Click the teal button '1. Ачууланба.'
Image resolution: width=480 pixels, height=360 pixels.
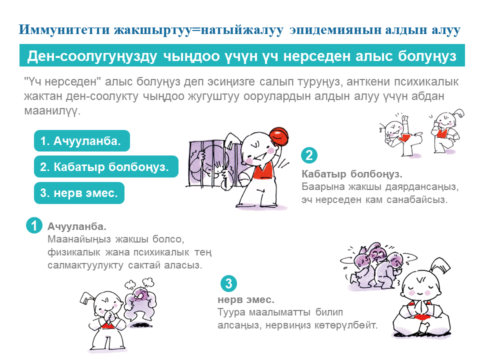[x=81, y=141]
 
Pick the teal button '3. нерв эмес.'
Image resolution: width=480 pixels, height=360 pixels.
[x=79, y=193]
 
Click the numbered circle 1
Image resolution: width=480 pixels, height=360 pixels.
[x=33, y=226]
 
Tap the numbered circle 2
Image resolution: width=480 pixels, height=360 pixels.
[x=309, y=155]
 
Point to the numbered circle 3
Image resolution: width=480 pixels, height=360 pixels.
[x=228, y=284]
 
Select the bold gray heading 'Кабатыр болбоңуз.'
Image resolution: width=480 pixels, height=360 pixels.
[x=352, y=174]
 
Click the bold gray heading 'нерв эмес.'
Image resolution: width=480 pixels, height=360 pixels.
[x=246, y=300]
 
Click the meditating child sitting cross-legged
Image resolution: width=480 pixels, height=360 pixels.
[x=421, y=300]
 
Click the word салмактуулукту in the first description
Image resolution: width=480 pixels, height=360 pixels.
[x=85, y=265]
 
